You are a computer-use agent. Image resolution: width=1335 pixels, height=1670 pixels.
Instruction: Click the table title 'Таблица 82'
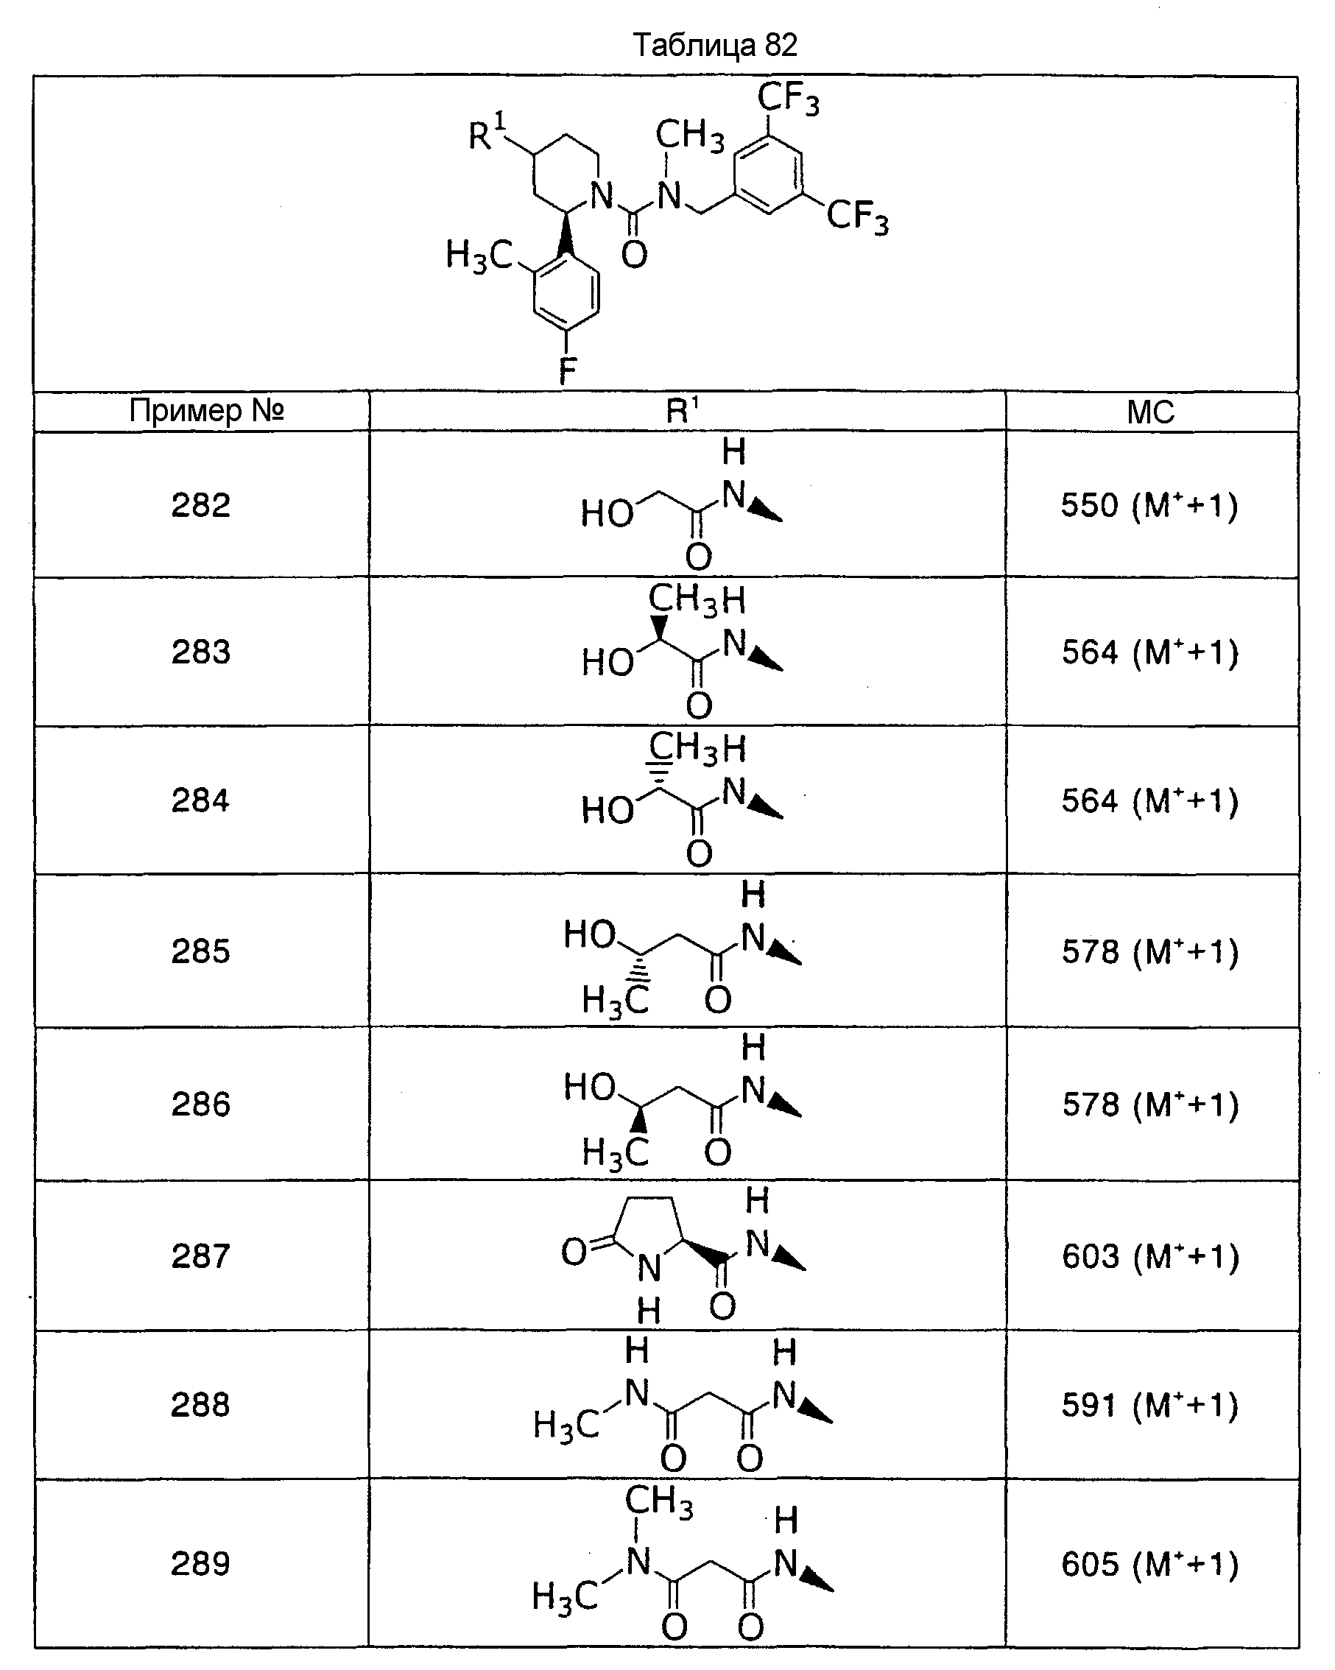(714, 45)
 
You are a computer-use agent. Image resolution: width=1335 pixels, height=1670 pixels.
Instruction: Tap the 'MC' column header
(1151, 412)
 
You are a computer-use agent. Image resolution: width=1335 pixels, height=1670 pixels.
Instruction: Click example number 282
(201, 505)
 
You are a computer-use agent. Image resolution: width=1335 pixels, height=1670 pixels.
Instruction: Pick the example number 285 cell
(201, 951)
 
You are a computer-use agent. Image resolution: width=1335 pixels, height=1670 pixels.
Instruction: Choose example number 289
(201, 1563)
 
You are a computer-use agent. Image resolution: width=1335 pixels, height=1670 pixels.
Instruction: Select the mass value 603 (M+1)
(1151, 1255)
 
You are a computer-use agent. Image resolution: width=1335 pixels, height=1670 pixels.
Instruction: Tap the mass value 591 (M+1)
(1150, 1404)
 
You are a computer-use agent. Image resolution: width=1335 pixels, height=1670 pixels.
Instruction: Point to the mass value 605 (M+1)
(1150, 1564)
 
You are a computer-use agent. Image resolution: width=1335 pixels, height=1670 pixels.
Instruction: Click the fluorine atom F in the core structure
(567, 371)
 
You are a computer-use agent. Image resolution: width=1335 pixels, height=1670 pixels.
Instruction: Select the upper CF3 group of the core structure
(788, 99)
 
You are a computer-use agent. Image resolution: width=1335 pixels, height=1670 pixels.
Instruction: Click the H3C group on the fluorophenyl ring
(479, 256)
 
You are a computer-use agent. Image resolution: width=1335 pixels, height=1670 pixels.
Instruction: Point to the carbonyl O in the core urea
(634, 254)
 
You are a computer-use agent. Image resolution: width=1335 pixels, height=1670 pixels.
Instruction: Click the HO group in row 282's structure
(607, 512)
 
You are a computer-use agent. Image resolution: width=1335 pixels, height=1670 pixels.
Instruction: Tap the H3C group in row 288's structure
(566, 1426)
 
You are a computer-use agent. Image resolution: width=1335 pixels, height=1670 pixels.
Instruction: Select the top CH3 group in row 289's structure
(658, 1501)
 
